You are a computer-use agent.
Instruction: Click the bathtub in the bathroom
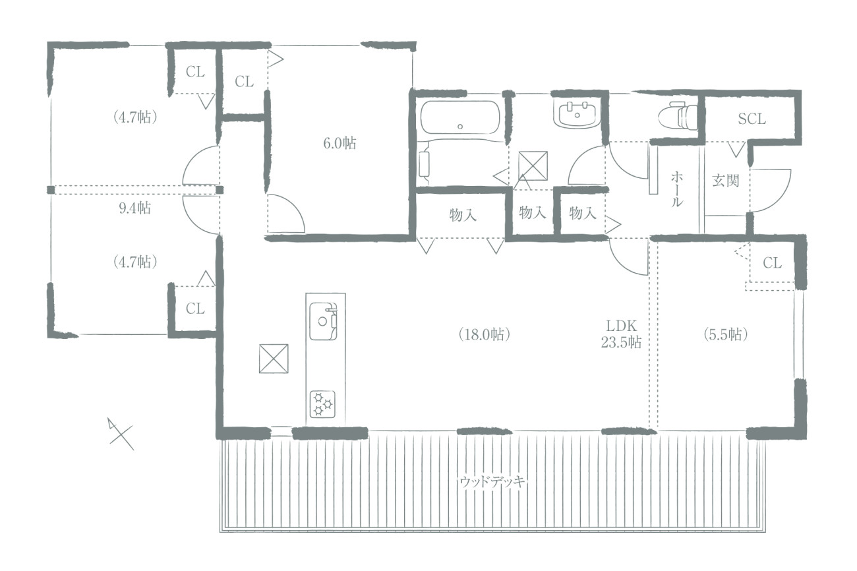(460, 117)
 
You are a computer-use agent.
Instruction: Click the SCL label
(752, 119)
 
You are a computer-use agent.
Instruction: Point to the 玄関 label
(725, 181)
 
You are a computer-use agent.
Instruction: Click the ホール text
(676, 189)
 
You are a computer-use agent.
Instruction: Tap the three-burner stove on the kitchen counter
(322, 404)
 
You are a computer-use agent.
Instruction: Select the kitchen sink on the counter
(323, 321)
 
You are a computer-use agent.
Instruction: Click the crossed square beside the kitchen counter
(274, 359)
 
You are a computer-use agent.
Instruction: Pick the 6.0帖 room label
(340, 143)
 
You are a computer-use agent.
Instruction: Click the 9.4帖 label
(134, 208)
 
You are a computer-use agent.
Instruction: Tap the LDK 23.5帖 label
(620, 334)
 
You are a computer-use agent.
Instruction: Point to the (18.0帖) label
(485, 334)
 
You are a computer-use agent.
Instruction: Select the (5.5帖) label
(725, 334)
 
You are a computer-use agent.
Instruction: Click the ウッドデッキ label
(492, 481)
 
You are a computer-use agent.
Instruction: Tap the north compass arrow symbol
(121, 434)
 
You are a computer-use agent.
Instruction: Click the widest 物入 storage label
(463, 216)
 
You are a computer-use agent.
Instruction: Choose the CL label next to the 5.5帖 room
(772, 263)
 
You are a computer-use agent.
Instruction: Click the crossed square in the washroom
(533, 165)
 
